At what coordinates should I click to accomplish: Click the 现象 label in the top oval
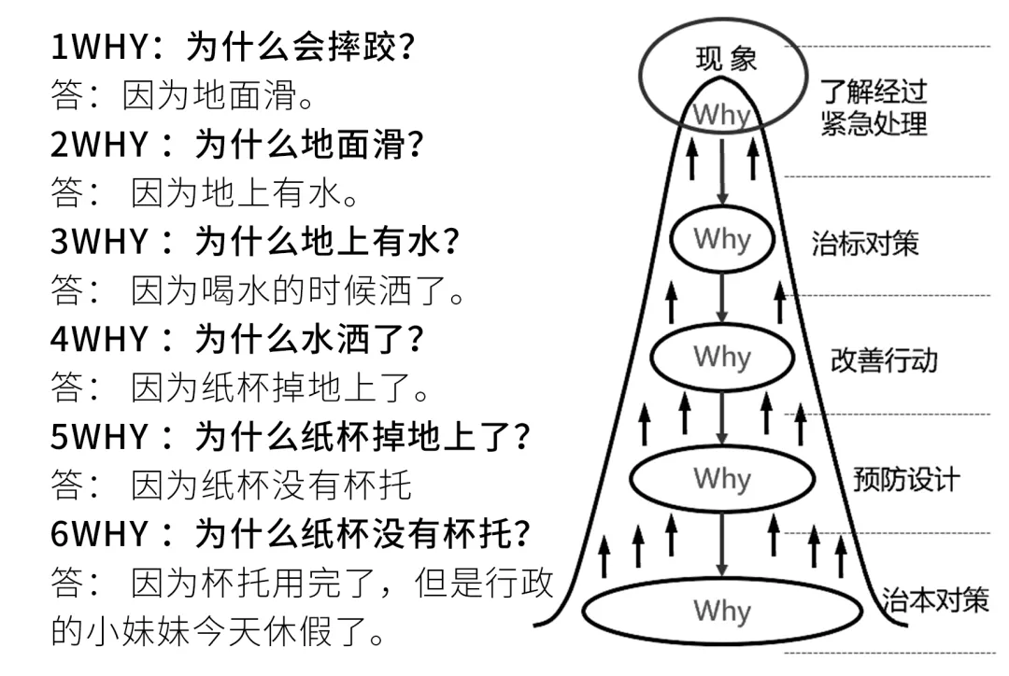click(x=726, y=60)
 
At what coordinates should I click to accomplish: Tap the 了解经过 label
click(x=874, y=92)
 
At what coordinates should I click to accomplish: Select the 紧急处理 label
click(x=874, y=122)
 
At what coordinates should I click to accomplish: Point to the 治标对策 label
click(x=864, y=244)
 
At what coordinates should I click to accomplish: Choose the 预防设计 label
click(x=905, y=480)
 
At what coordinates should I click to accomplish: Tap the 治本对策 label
click(x=935, y=599)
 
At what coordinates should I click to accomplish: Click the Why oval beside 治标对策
click(x=722, y=239)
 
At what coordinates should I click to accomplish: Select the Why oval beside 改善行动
click(x=722, y=357)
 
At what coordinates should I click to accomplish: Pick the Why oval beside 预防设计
click(x=722, y=479)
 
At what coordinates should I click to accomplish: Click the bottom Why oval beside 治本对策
click(x=722, y=612)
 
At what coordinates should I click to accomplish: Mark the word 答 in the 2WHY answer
click(x=67, y=193)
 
